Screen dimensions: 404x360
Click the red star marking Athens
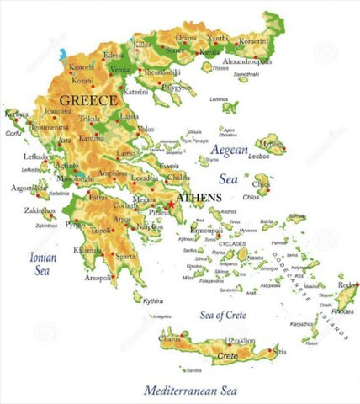(x=171, y=205)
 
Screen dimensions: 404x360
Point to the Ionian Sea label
(x=42, y=263)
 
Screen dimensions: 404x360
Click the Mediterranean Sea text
(x=190, y=391)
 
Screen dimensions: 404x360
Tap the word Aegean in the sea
(x=231, y=151)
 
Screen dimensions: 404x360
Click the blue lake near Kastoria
(x=62, y=56)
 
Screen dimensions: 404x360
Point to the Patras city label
(x=98, y=196)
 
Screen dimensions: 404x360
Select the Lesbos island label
(x=281, y=156)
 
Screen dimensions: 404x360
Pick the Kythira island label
(x=153, y=300)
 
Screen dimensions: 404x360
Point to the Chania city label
(x=170, y=339)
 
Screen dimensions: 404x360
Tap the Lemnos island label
(x=219, y=98)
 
